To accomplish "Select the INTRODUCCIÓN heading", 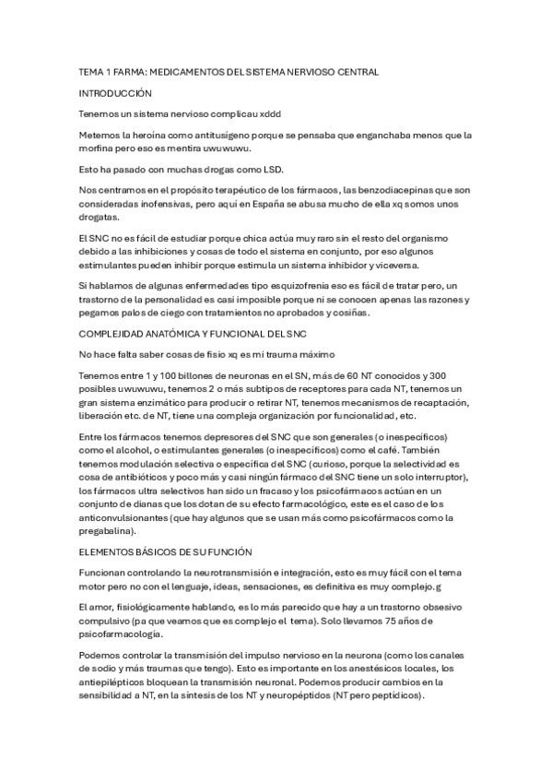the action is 115,93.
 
